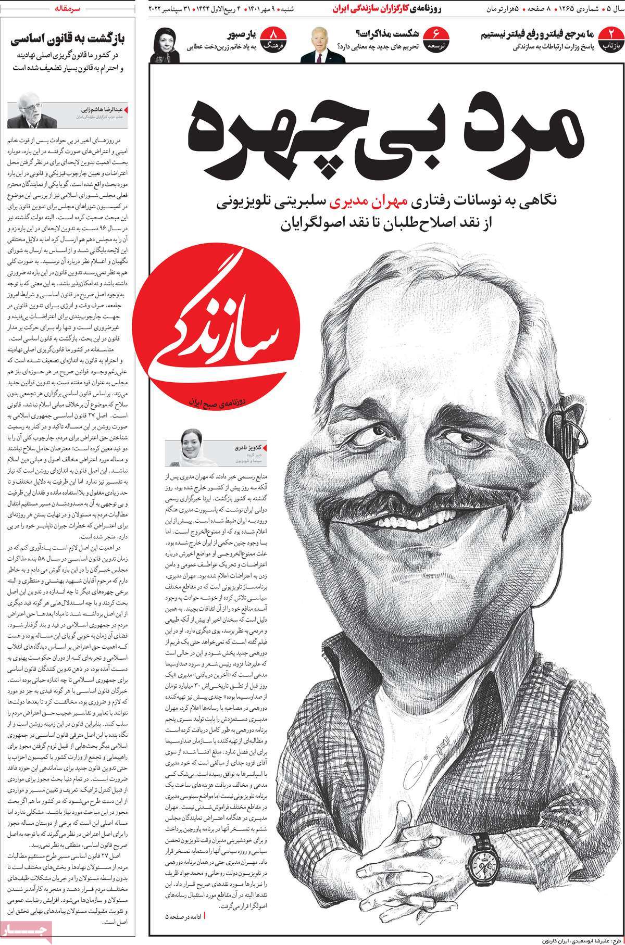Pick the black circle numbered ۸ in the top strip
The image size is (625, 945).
(x=272, y=40)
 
